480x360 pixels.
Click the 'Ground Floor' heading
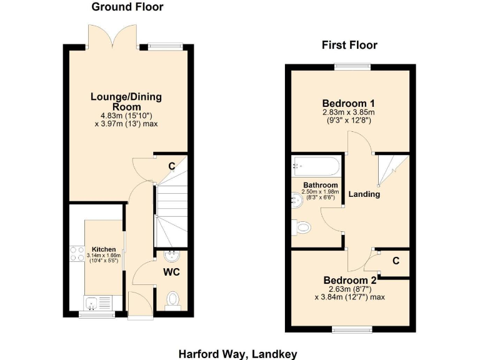(x=127, y=7)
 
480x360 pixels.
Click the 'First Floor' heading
(x=349, y=45)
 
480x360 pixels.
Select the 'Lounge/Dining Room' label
(x=126, y=101)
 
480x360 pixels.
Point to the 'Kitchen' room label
(x=104, y=249)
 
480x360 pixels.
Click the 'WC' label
(x=172, y=272)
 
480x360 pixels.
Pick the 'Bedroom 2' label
(x=350, y=281)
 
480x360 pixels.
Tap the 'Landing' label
(x=364, y=194)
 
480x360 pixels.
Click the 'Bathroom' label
(x=321, y=186)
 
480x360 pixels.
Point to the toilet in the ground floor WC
(x=173, y=300)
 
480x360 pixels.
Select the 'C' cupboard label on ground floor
(x=171, y=166)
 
